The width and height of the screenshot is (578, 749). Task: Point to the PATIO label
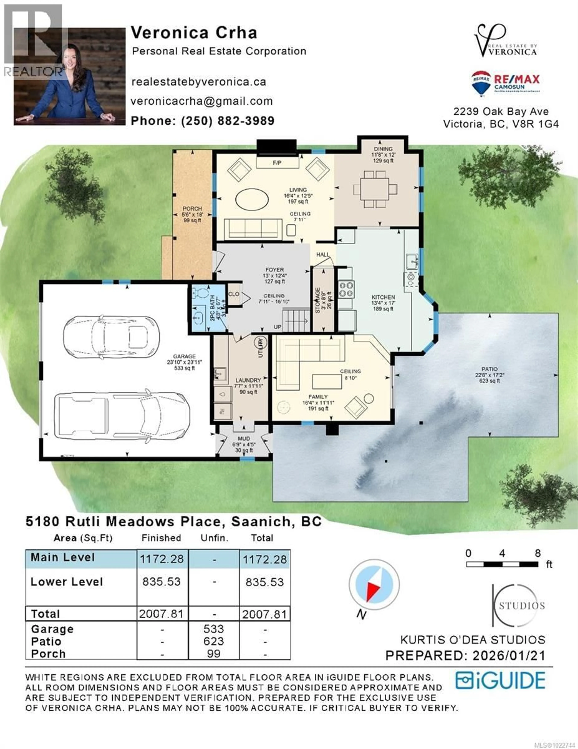pos(490,369)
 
